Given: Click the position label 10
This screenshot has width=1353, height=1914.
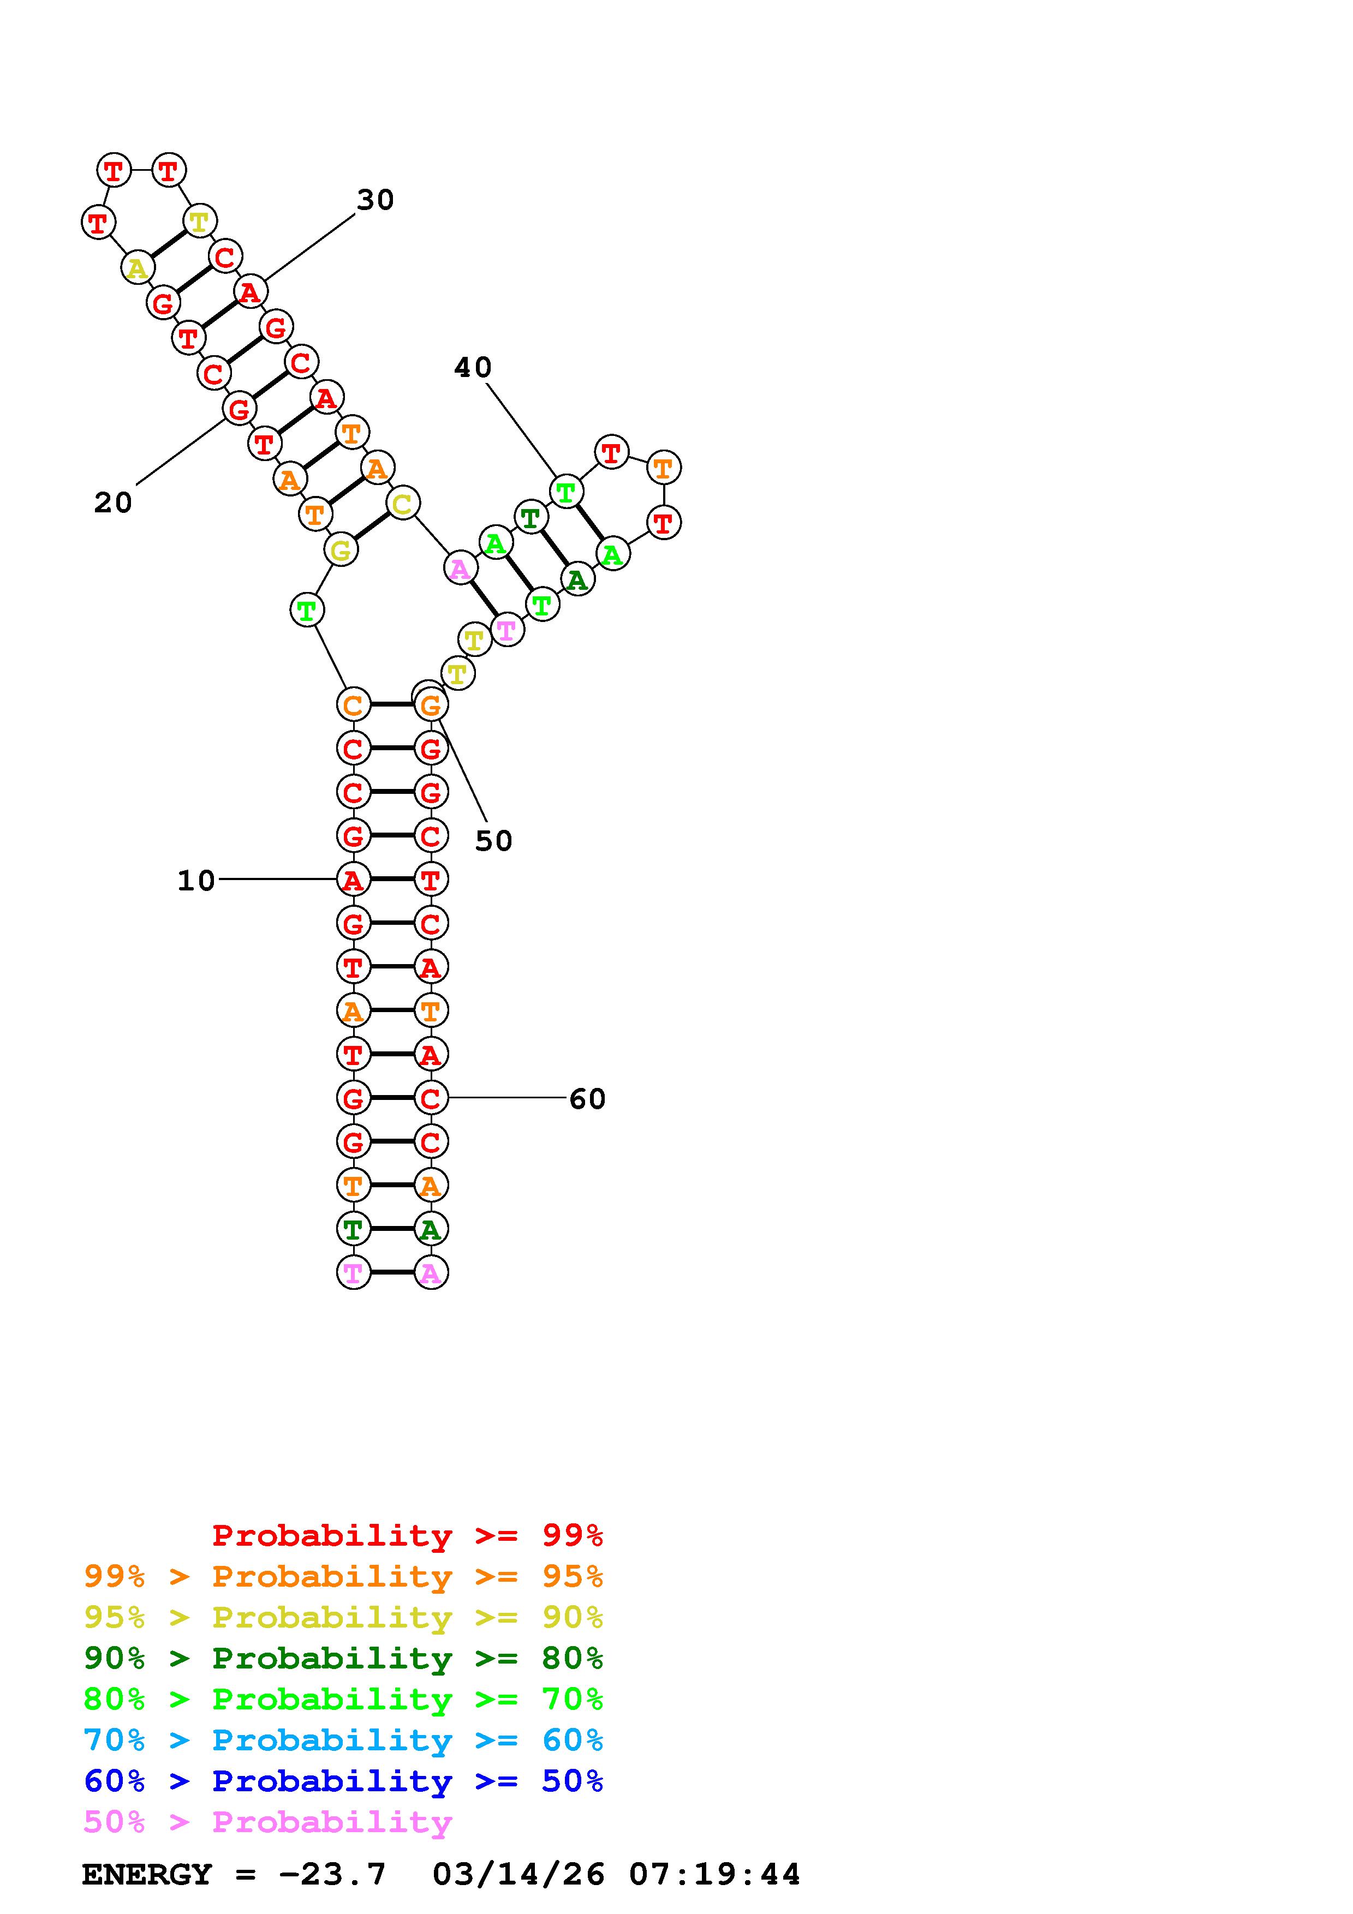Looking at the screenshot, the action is click(196, 880).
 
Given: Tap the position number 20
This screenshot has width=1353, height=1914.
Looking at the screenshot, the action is click(112, 503).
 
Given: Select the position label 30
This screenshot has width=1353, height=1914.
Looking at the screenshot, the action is click(375, 200).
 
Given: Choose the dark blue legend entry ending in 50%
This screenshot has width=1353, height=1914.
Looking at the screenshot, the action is click(343, 1781).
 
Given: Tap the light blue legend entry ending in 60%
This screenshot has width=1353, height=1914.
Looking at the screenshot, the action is click(343, 1740).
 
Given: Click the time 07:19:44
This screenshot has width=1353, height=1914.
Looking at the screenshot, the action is click(714, 1874).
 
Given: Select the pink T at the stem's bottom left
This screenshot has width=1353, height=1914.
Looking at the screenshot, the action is click(353, 1273).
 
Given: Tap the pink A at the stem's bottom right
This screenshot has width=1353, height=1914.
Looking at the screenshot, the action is click(430, 1273).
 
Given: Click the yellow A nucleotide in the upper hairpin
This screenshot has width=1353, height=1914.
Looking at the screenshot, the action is click(136, 268).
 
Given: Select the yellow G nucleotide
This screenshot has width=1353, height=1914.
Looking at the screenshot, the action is click(340, 550).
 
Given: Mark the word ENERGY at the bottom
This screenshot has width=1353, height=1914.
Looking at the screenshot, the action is click(147, 1874).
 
